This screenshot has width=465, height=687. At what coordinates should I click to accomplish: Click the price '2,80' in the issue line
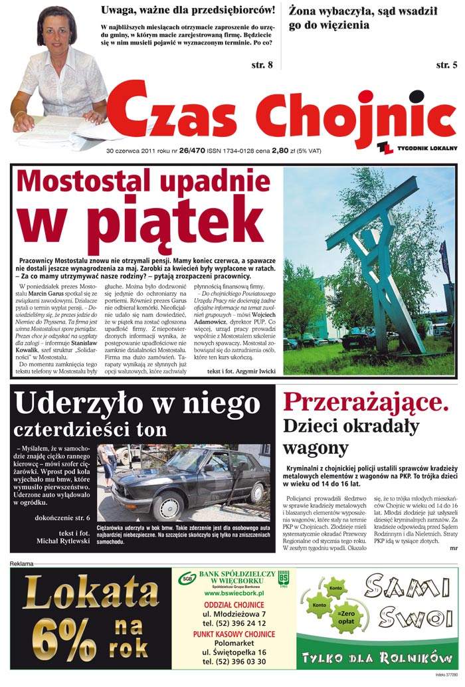pos(280,151)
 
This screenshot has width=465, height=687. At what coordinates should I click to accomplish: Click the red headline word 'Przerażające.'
pos(366,402)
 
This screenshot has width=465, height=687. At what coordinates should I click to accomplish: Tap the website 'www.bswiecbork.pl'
pos(234,593)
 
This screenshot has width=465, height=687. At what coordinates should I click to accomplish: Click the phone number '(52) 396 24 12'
pos(234,624)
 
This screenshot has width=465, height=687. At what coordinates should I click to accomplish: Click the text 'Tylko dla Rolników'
pos(377,658)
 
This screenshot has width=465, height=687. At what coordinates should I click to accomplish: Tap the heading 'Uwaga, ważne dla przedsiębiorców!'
pos(188,10)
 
